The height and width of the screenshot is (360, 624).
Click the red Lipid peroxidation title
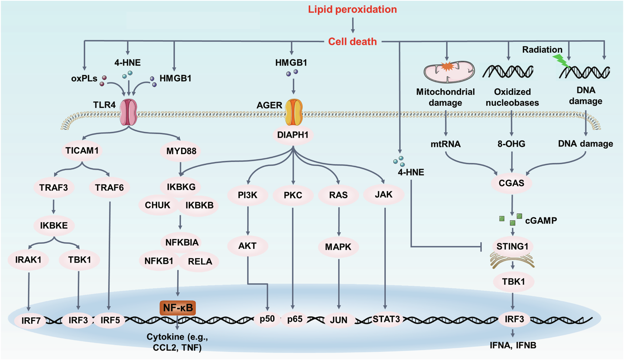[352, 9]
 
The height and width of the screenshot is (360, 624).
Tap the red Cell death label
[352, 42]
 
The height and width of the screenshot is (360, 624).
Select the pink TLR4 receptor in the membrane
[128, 112]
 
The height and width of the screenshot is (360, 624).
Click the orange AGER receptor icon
[294, 112]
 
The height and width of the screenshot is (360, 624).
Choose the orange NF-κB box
[178, 308]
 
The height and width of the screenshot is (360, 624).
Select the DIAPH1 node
[293, 135]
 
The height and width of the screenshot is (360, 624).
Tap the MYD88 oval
[181, 151]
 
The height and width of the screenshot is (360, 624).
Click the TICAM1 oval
[82, 151]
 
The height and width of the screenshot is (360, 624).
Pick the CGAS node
[511, 183]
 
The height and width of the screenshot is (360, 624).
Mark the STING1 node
[512, 247]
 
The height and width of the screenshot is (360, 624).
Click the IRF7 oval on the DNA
[31, 321]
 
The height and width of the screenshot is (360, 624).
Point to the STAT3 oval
[386, 319]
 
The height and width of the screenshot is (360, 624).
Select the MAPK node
[338, 247]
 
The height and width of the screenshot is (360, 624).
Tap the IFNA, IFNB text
[513, 345]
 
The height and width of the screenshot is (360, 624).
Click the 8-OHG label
[511, 144]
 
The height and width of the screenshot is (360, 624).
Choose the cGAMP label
[541, 221]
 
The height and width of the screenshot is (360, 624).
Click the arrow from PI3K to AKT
[248, 221]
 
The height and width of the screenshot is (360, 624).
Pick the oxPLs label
[84, 79]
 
